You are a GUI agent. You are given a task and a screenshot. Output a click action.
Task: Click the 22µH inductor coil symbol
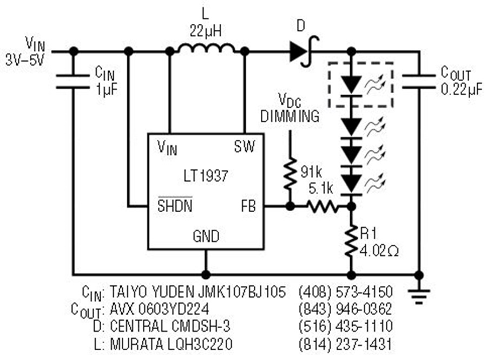tap(207, 49)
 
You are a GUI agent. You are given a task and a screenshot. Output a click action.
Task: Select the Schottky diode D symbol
tap(304, 51)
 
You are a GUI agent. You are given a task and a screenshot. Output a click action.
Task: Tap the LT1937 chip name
tap(206, 176)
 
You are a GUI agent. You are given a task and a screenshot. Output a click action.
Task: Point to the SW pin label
tap(245, 146)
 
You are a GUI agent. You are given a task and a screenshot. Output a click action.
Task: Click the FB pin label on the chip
tap(248, 206)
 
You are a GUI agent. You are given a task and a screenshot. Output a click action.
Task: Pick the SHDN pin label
tap(175, 205)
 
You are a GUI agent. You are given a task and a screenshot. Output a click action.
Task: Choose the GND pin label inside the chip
tap(206, 236)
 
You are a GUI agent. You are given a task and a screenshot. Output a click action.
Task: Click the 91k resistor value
tap(311, 172)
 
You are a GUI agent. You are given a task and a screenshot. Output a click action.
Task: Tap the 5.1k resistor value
tap(321, 188)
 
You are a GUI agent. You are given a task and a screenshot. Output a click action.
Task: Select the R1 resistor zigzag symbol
tap(351, 241)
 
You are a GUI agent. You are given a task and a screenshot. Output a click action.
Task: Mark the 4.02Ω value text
tap(379, 251)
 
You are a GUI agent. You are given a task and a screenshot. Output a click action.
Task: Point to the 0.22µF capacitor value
tap(462, 89)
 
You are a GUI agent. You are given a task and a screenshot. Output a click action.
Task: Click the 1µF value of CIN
tap(107, 89)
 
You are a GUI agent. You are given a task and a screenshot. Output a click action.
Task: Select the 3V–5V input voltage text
tap(25, 60)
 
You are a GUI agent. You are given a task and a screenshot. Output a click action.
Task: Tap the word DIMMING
tap(290, 116)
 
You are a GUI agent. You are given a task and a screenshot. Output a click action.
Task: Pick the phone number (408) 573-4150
tap(345, 292)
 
